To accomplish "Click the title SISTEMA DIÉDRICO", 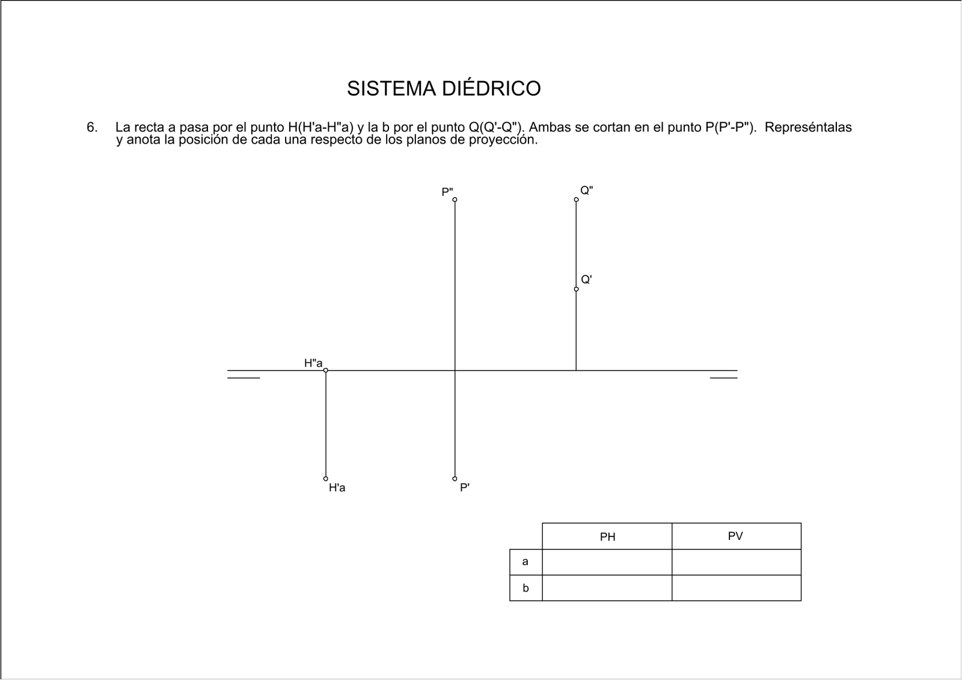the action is (x=444, y=88).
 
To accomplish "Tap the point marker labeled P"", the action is (x=455, y=200).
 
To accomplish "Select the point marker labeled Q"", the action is (x=577, y=200).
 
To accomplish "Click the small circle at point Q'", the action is (x=577, y=289).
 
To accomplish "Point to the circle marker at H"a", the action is (x=325, y=370).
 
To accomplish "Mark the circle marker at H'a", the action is (x=325, y=479).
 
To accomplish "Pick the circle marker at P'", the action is (x=455, y=479).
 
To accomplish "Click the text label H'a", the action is (x=337, y=488).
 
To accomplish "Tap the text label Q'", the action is (x=587, y=280).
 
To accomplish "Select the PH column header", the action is (x=607, y=536).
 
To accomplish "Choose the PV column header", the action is (x=735, y=536).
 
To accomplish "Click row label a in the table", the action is (x=525, y=562).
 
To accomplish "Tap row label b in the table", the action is (x=525, y=587).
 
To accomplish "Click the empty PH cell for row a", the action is (x=607, y=562).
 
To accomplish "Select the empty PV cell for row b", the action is (x=737, y=588).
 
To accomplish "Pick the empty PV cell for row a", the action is (x=737, y=562).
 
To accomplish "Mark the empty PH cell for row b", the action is (x=607, y=588).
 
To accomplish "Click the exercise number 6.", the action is (x=92, y=127).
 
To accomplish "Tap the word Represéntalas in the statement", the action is (x=808, y=127).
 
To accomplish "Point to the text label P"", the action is (x=447, y=192).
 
